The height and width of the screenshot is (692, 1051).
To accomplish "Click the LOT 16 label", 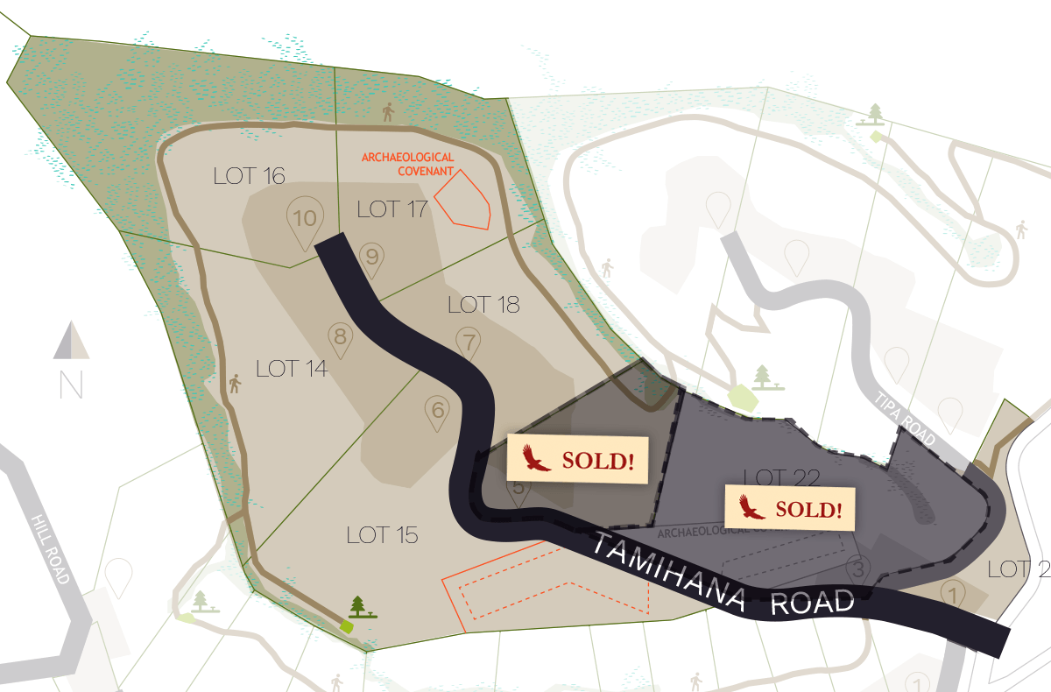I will coord(250,176).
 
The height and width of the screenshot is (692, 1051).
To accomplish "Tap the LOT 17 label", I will coord(392,208).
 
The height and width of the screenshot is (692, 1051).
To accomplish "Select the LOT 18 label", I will coord(483,305).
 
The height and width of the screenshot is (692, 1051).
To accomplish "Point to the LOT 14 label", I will coord(292,369).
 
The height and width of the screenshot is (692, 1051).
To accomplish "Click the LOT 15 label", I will coord(382,534).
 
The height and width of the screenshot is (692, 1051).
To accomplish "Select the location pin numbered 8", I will coord(341,337).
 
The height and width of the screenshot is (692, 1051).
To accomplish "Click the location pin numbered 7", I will coord(469,342).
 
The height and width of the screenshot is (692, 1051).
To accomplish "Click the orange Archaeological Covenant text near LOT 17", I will coord(408,164).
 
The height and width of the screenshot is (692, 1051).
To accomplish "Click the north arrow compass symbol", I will coord(71,342).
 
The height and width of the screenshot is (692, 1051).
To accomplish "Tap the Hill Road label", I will coord(49,547).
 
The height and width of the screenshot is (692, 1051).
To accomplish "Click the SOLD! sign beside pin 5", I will coord(577,459).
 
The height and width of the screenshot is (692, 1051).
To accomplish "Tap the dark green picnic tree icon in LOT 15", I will coord(358,606).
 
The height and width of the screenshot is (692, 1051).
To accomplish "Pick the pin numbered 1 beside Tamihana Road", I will coord(953,594).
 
